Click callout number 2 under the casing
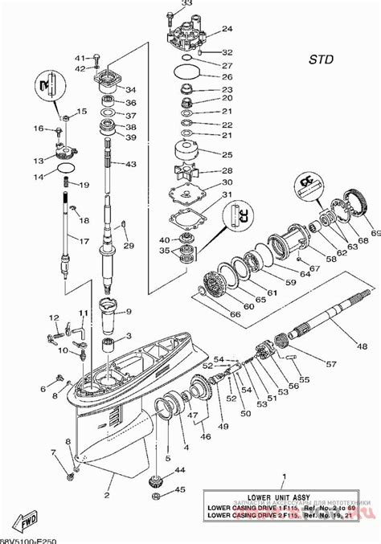click(107, 485)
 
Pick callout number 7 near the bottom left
click(55, 452)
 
